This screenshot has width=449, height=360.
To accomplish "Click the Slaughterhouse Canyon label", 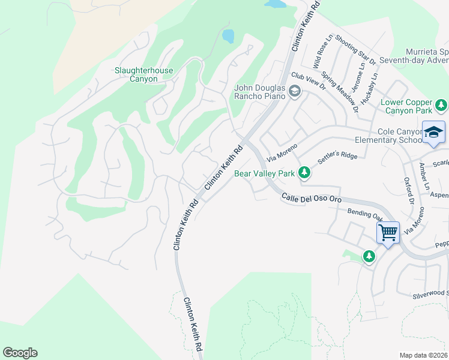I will tap(143, 74).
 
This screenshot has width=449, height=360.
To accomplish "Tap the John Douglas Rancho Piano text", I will tap(260, 92).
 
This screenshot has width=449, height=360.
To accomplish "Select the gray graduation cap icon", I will tap(294, 92).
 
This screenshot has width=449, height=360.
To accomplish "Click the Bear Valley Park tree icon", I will tap(304, 173).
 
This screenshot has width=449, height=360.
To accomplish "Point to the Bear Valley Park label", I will tap(264, 173).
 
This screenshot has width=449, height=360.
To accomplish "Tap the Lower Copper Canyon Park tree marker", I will tap(441, 106).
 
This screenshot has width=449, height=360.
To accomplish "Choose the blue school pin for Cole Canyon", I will tap(433, 133).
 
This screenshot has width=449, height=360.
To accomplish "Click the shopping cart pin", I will tap(388, 232).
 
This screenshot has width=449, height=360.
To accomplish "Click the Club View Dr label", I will tap(308, 81).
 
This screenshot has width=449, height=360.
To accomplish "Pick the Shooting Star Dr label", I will tap(355, 49).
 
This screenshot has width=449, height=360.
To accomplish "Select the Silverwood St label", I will tap(430, 293).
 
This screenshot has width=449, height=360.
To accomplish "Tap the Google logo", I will tap(20, 353).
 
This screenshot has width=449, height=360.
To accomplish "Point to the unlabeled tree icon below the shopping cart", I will tap(369, 257).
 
